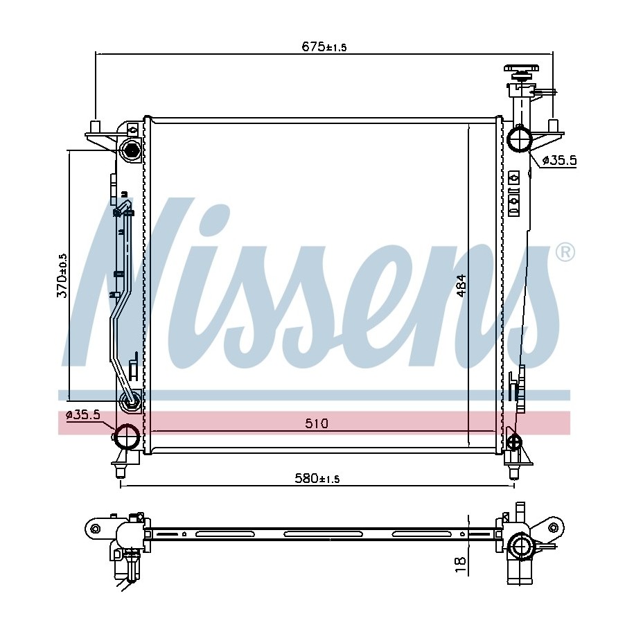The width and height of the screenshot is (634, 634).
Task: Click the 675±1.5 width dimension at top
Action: [x=324, y=47]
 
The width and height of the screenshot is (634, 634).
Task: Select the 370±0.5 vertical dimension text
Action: [x=62, y=276]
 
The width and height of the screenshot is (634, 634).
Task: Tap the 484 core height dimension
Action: [x=461, y=286]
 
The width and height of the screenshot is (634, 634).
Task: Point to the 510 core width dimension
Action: [x=317, y=423]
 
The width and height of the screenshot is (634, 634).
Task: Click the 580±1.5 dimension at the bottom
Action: [x=317, y=479]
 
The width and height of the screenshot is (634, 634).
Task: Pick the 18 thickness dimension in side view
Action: [x=461, y=564]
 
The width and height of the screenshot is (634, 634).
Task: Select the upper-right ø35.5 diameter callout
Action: [x=559, y=161]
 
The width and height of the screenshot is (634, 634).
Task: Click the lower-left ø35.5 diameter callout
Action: [x=83, y=415]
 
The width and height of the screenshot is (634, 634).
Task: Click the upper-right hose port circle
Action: [x=519, y=139]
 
